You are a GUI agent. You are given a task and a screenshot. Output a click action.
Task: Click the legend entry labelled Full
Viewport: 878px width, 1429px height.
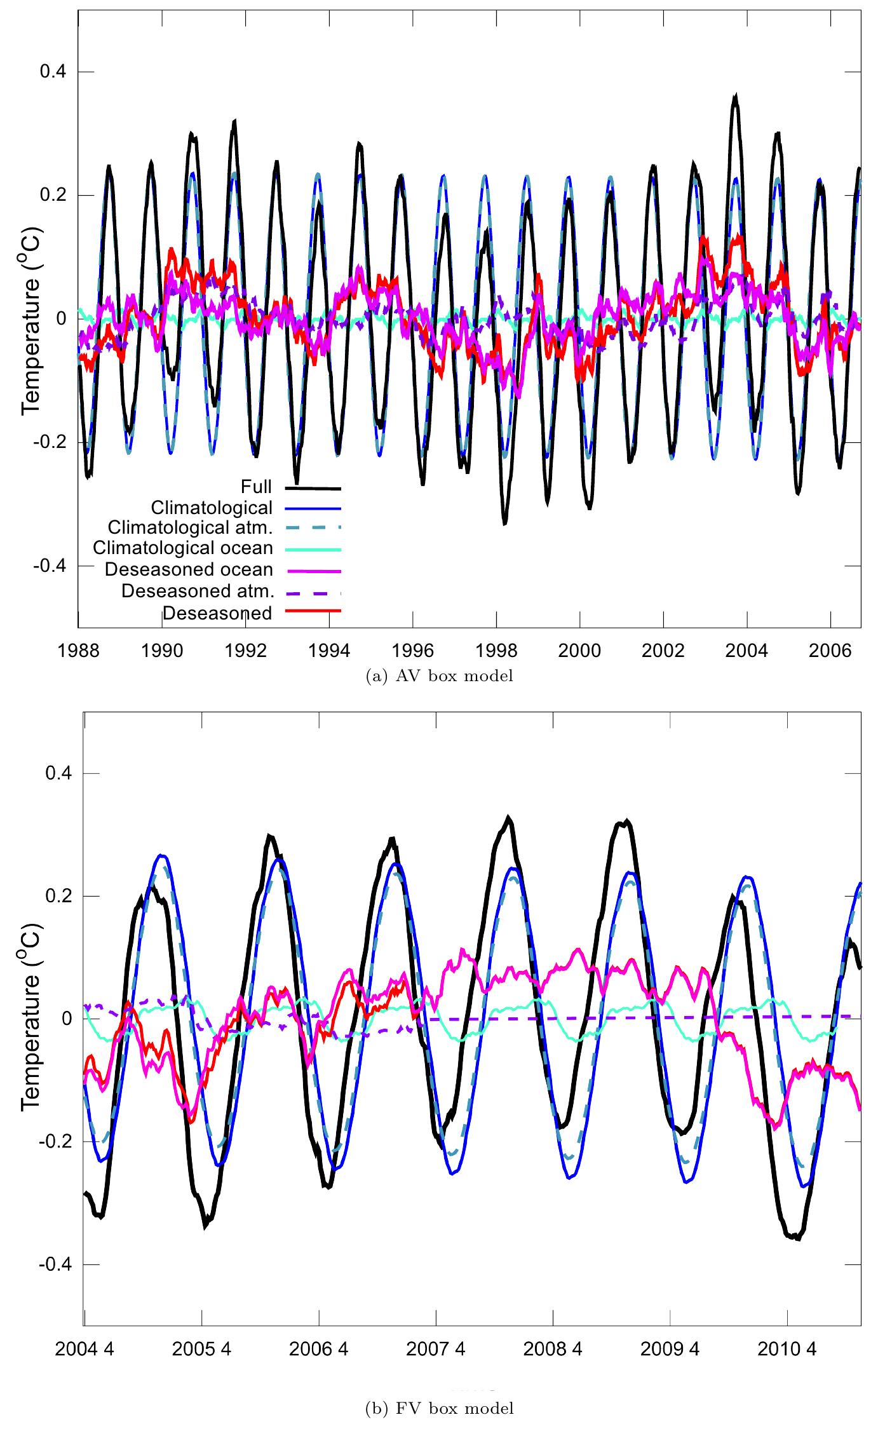(256, 487)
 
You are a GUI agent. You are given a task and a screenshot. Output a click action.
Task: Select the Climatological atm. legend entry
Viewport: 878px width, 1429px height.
(190, 528)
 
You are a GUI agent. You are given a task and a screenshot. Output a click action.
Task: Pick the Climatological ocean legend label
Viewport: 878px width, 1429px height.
(182, 548)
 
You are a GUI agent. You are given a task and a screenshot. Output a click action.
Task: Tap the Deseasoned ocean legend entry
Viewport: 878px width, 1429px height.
(189, 570)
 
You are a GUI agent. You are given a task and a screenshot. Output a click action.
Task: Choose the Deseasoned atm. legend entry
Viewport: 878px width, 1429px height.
(198, 591)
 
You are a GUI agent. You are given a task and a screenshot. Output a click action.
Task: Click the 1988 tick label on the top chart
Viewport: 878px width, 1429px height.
(78, 651)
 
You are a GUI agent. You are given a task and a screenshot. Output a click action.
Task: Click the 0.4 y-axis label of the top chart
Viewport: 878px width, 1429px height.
(54, 72)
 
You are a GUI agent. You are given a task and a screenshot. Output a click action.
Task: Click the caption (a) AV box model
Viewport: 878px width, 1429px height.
(440, 677)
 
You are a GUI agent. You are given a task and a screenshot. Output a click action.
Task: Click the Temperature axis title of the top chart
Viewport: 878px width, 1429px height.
(30, 318)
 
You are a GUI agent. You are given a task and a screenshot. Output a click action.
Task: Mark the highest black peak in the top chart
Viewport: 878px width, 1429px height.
(735, 97)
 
